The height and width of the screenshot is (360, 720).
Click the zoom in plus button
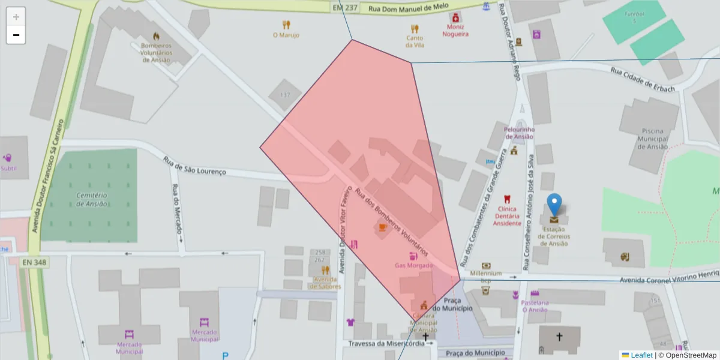16,17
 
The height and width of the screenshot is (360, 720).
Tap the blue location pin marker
555,205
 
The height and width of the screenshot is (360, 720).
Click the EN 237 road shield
344,8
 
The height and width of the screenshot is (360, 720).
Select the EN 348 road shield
35,262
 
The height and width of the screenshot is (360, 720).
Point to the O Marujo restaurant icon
286,25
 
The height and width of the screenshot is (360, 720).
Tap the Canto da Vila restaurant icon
415,28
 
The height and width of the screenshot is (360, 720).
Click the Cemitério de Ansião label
92,199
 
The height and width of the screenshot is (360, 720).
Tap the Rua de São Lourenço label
194,166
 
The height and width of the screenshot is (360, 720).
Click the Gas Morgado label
413,265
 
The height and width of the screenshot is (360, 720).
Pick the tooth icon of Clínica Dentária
507,199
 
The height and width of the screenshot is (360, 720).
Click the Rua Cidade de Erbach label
643,79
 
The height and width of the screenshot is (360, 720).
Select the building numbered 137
285,95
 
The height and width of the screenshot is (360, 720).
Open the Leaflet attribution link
641,355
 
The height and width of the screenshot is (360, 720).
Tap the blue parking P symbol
225,356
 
